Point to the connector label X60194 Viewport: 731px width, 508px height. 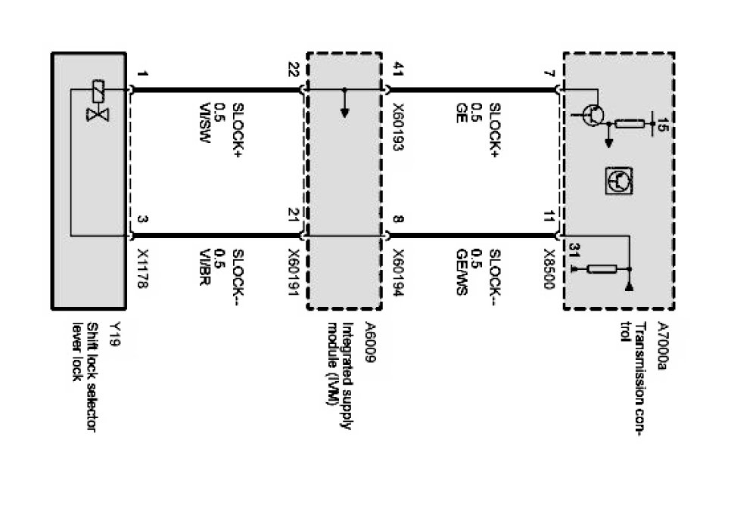pos(399,271)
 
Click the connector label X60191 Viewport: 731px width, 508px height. pos(295,271)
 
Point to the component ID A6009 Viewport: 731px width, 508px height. pos(370,335)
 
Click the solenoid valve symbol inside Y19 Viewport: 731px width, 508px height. pos(96,104)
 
